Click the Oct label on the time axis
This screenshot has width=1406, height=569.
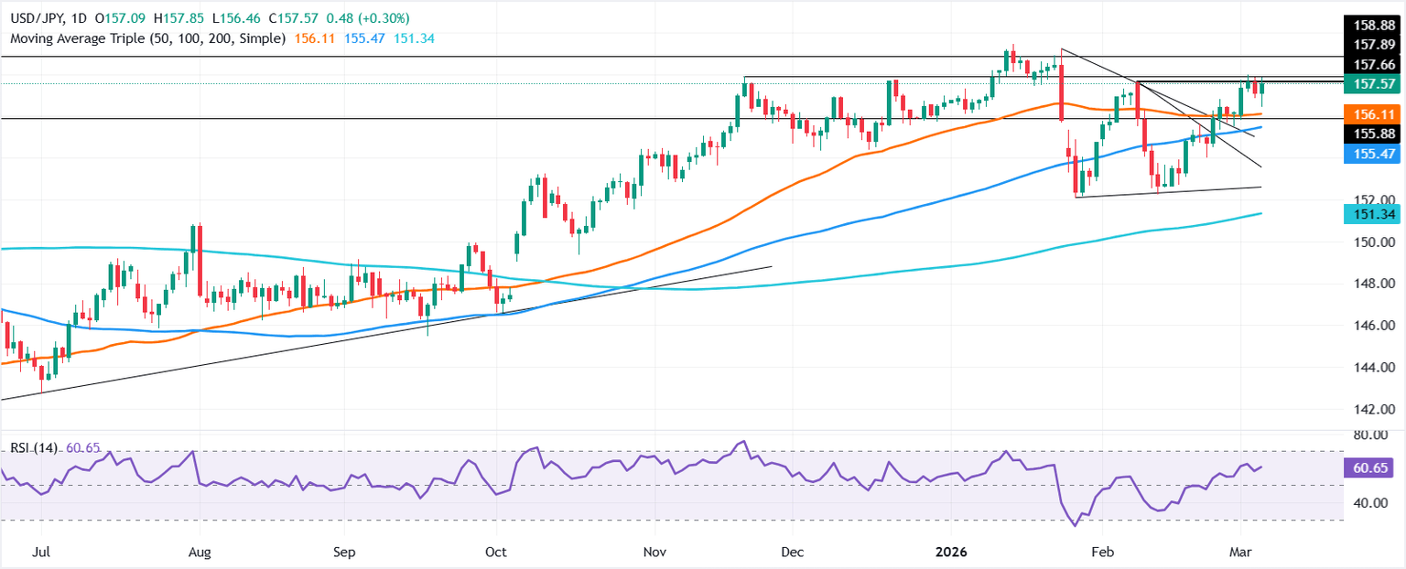[x=495, y=553]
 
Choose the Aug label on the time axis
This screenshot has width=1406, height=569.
[x=199, y=553]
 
